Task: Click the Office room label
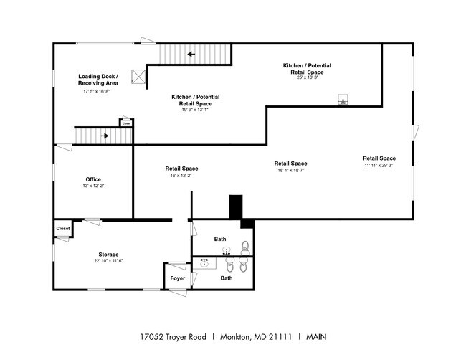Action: (x=93, y=179)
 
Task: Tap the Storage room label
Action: (x=108, y=255)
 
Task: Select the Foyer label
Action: (x=177, y=278)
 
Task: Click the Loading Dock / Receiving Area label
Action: (x=98, y=80)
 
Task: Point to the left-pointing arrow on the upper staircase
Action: (x=191, y=54)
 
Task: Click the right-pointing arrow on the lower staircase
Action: (x=105, y=136)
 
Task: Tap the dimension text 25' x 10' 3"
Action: (x=308, y=77)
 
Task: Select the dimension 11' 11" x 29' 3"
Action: (x=379, y=165)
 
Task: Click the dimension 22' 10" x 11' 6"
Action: (x=108, y=261)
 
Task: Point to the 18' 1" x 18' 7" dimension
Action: (x=290, y=171)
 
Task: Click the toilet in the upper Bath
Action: (x=245, y=248)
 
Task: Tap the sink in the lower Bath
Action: (x=204, y=263)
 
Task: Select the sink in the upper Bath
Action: (x=227, y=251)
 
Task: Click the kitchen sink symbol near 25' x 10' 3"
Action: (x=343, y=99)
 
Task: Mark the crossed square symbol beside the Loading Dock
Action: (x=138, y=77)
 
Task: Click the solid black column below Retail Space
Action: (x=236, y=207)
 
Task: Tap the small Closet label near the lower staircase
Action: (x=126, y=123)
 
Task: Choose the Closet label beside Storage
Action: (x=63, y=228)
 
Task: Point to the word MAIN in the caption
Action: (x=316, y=337)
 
